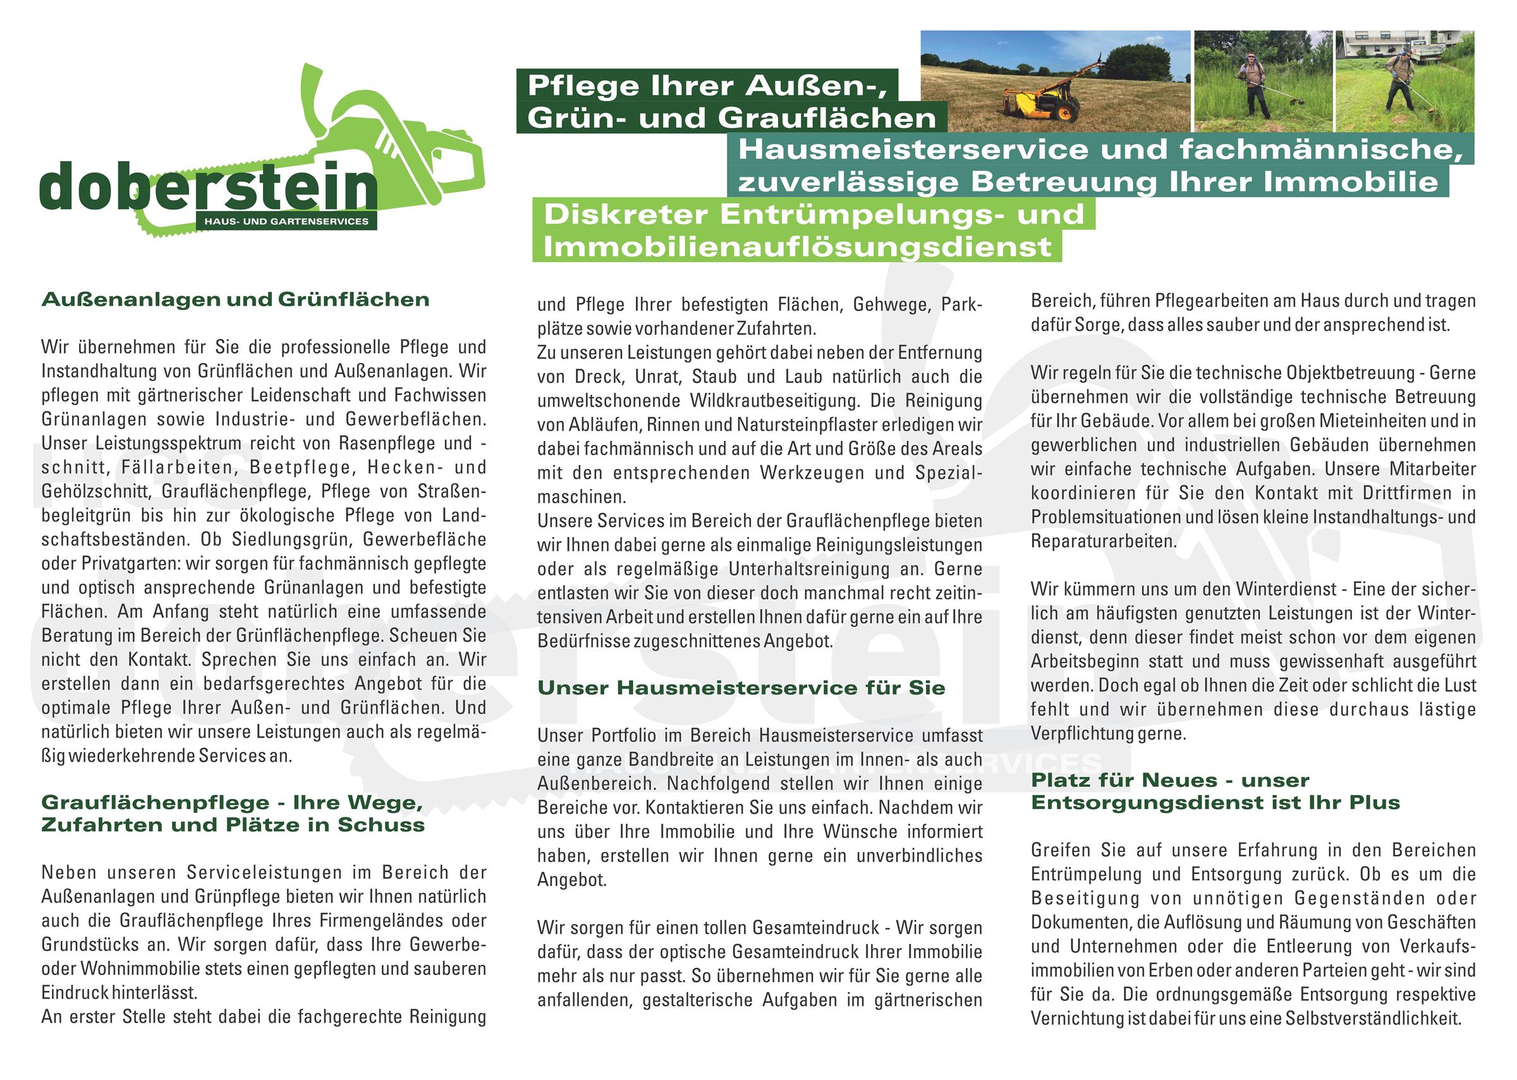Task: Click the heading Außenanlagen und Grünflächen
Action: [236, 300]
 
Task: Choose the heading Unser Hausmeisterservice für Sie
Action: [741, 688]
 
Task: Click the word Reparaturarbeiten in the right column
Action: [1103, 541]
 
